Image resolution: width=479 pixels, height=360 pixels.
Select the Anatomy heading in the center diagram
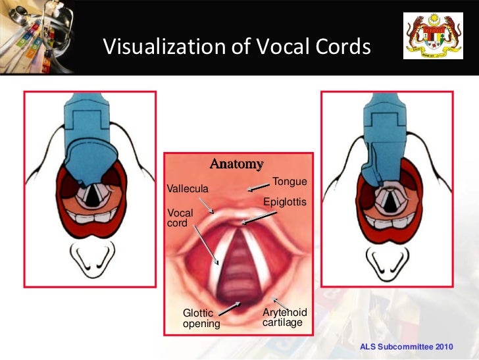point(236,164)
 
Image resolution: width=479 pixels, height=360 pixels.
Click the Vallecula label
point(188,189)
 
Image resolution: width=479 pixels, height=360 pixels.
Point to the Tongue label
point(290,181)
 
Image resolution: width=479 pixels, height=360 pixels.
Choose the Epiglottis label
point(285,202)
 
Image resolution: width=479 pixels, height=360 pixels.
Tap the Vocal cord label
point(180,218)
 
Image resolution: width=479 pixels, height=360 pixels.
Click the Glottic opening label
point(201,319)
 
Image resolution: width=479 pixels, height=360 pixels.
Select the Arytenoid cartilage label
point(284,317)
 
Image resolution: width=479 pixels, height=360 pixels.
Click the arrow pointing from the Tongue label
point(259,190)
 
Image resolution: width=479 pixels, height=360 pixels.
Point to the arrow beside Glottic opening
point(229,307)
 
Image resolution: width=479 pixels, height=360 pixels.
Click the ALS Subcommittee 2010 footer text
point(407,346)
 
